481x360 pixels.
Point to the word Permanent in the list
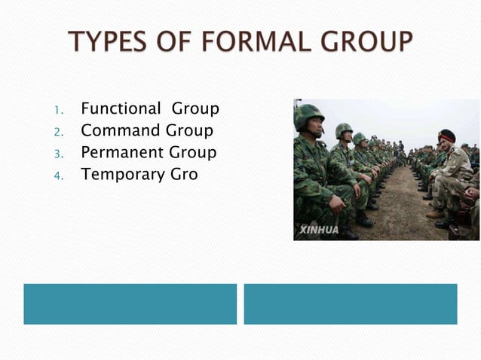(x=122, y=153)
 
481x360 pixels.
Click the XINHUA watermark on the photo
(x=319, y=229)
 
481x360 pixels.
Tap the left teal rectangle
(x=130, y=304)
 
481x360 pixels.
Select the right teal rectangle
(x=351, y=304)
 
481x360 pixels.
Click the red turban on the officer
(x=447, y=136)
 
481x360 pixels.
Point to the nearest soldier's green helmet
(x=308, y=114)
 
